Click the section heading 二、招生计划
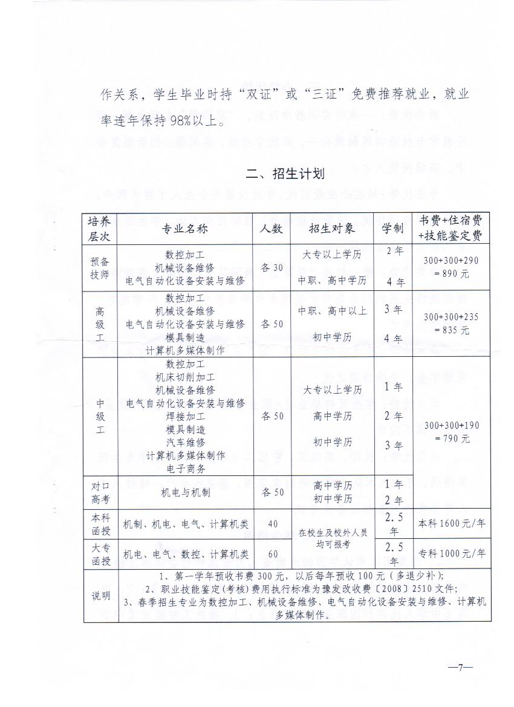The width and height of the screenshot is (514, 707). tap(285, 174)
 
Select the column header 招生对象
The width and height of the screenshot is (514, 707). tap(331, 229)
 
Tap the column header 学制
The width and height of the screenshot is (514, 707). tap(392, 229)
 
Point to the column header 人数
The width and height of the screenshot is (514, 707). tap(272, 229)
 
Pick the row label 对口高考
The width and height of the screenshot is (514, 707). tap(100, 492)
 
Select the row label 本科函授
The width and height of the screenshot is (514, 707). tap(100, 524)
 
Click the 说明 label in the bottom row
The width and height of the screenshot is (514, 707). tap(100, 596)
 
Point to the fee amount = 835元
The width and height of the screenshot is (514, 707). tap(451, 330)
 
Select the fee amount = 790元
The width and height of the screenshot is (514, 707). tap(451, 438)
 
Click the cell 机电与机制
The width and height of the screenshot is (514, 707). tap(185, 492)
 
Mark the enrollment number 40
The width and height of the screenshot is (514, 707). tap(272, 524)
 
